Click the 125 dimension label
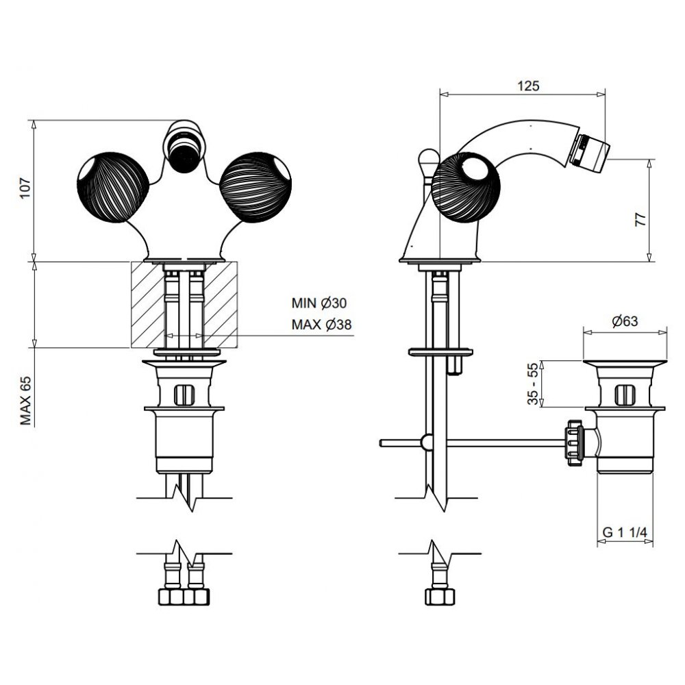[529, 86]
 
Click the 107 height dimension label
[26, 188]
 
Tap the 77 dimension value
[640, 219]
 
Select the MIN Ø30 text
[319, 303]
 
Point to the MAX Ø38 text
[321, 325]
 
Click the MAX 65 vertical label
[26, 401]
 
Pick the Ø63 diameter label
[625, 321]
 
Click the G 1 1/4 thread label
[625, 532]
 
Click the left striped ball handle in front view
[113, 188]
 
